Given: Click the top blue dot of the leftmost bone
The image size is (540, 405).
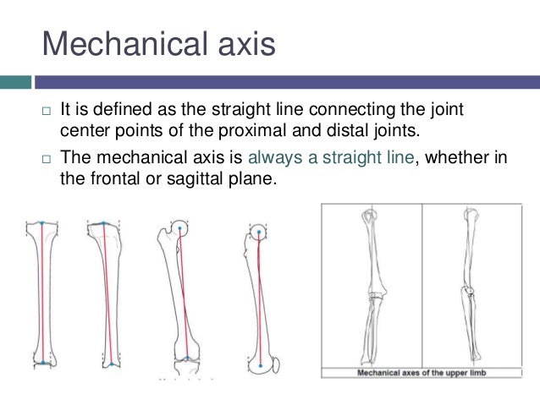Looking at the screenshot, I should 41,223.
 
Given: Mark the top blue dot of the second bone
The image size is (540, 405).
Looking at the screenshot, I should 103,224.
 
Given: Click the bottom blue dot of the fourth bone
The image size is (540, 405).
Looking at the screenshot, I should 262,364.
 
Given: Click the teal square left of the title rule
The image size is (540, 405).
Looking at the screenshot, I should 15,82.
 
